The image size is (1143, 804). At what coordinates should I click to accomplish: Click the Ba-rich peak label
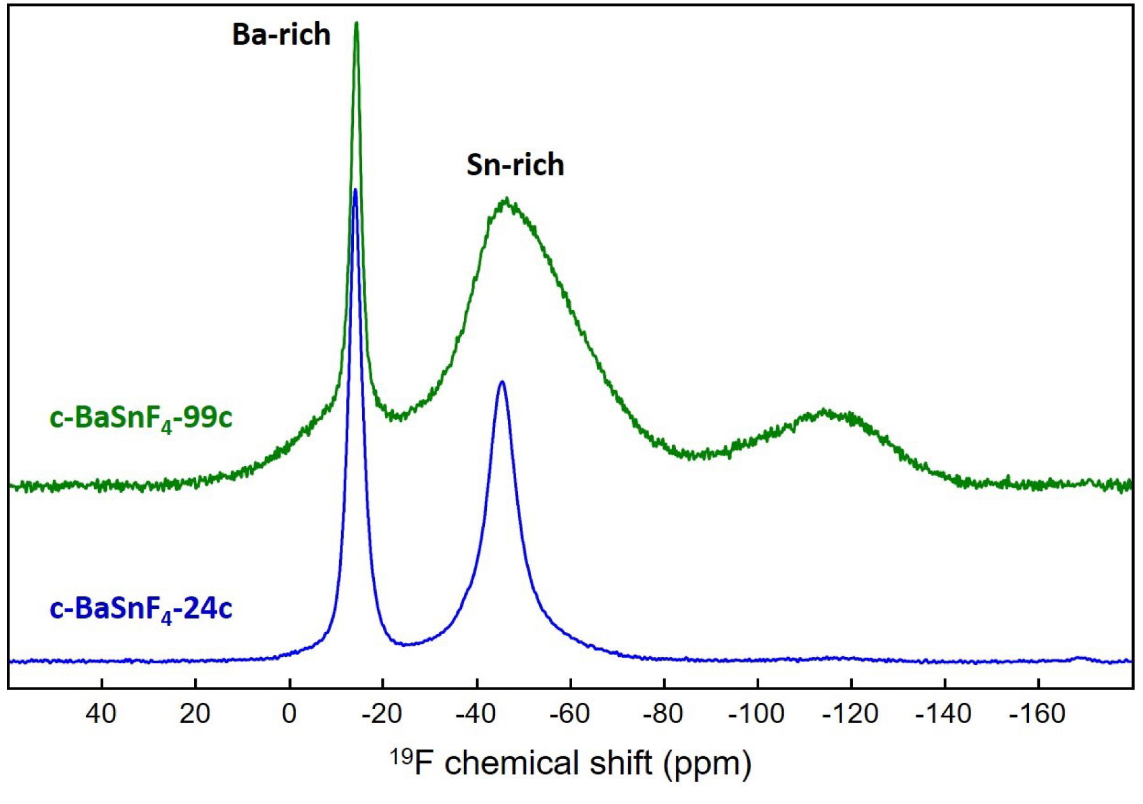click(x=281, y=34)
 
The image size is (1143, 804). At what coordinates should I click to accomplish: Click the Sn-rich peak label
click(x=515, y=165)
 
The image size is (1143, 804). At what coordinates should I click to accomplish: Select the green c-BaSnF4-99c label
click(x=141, y=418)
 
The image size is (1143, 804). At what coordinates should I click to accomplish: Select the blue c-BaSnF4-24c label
click(x=141, y=609)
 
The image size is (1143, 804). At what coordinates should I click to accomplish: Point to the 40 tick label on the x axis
click(x=101, y=714)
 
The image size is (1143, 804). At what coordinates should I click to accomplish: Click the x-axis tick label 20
click(x=195, y=714)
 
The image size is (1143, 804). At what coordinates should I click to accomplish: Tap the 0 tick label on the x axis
click(x=289, y=714)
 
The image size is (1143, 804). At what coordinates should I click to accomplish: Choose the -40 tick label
click(x=475, y=714)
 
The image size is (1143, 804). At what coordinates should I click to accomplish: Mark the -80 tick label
click(x=663, y=714)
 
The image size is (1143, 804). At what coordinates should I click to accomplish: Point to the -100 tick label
click(x=756, y=714)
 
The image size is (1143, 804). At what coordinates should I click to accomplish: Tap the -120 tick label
click(x=850, y=714)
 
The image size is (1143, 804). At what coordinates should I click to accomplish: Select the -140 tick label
click(x=943, y=714)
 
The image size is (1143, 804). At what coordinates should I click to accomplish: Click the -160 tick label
click(x=1037, y=714)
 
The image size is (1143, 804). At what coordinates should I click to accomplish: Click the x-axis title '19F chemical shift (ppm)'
click(x=571, y=763)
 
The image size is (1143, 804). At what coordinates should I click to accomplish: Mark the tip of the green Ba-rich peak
click(x=356, y=24)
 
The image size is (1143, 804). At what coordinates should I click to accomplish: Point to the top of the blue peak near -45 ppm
click(x=502, y=382)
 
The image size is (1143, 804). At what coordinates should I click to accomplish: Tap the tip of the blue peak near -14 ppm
click(x=355, y=190)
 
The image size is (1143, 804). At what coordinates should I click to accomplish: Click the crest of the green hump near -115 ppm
click(x=825, y=411)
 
